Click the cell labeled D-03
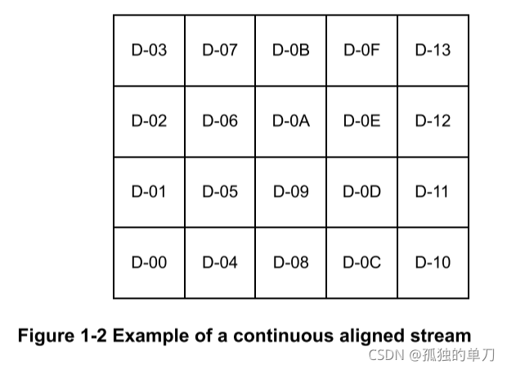149,51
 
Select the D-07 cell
220,51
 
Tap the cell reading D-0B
290,51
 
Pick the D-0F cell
361,51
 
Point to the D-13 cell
433,51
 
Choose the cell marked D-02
149,122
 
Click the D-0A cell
290,122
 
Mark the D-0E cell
361,122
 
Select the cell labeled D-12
433,122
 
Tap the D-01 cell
149,193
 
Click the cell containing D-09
290,193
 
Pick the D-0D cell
361,193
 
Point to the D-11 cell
433,193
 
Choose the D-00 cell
149,263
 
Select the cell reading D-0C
361,263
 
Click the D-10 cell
433,263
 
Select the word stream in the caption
441,336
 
